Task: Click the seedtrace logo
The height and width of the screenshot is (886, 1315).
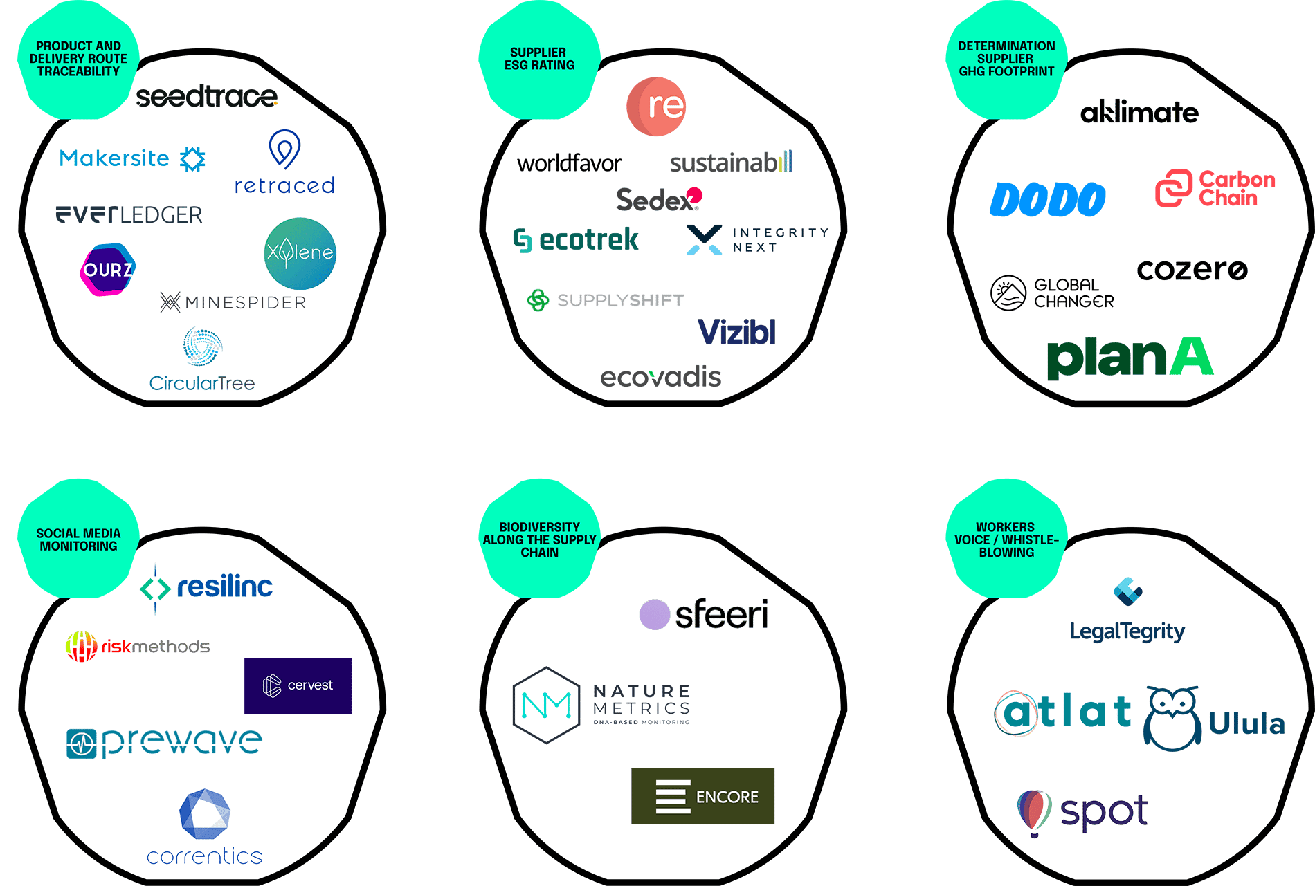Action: pos(206,97)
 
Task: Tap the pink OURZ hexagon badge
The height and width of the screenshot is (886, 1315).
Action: pos(108,269)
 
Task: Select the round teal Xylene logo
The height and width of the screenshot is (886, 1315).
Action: pos(300,253)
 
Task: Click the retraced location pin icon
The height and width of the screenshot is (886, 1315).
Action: pos(284,149)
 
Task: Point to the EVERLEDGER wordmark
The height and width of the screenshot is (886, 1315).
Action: pos(129,215)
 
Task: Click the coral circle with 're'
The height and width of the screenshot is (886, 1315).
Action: pos(656,107)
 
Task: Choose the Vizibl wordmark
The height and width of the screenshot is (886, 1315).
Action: pos(736,332)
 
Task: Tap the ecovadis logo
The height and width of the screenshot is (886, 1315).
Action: pos(660,378)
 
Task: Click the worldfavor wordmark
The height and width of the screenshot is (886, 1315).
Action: pos(569,164)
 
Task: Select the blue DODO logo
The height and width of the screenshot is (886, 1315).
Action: pos(1047,200)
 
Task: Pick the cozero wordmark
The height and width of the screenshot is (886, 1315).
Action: pos(1192,270)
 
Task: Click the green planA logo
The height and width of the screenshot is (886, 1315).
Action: pos(1130,358)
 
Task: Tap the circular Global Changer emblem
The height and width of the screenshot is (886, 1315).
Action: pos(1008,293)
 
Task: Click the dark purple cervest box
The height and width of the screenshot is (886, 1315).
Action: pos(298,685)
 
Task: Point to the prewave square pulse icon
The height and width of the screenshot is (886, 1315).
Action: pos(82,744)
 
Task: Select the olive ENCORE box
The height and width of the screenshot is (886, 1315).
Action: pos(702,796)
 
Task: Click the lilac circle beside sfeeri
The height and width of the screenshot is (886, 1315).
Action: pos(654,614)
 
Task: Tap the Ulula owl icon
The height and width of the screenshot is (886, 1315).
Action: pos(1172,719)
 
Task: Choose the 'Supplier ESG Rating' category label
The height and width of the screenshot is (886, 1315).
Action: pos(539,59)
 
